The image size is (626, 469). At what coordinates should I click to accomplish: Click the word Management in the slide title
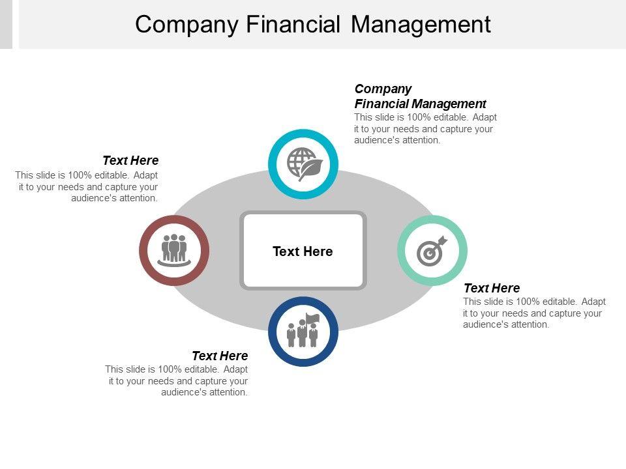click(421, 24)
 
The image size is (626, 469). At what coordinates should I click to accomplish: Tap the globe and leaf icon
click(303, 163)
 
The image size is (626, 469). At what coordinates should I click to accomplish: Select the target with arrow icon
click(432, 250)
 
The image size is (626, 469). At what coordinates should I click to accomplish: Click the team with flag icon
click(303, 331)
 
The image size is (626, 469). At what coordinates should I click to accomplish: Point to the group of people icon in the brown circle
click(174, 249)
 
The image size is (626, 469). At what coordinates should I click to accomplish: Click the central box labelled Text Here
click(303, 251)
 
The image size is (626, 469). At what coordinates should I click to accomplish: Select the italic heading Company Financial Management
click(420, 96)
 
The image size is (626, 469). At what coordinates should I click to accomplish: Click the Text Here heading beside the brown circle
click(130, 160)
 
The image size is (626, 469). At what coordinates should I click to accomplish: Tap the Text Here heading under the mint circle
click(492, 288)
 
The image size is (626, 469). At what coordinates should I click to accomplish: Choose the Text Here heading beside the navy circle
click(220, 356)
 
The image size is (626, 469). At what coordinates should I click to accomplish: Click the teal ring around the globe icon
click(303, 135)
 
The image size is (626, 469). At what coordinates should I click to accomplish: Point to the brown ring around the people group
click(145, 251)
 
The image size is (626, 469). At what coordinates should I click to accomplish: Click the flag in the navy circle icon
click(313, 318)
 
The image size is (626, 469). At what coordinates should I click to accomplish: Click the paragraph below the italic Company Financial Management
click(425, 128)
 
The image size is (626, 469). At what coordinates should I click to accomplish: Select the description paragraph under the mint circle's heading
click(534, 313)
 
